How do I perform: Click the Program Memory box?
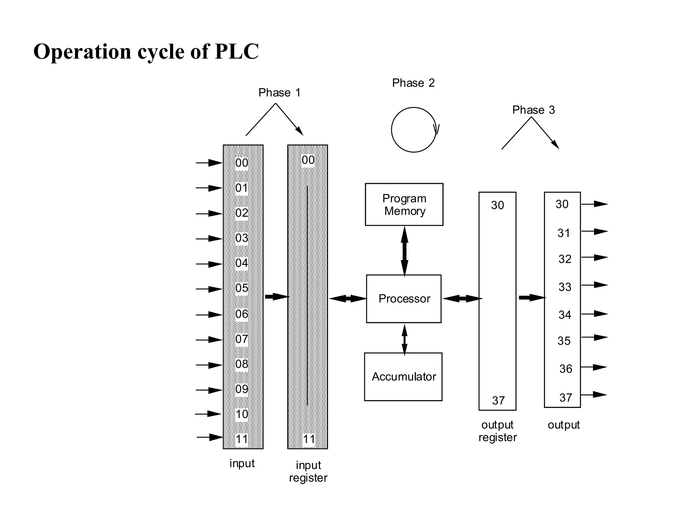404,205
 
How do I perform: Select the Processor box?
404,299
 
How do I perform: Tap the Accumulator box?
403,377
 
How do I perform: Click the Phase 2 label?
413,83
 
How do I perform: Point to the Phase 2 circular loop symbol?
414,130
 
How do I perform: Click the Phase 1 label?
279,93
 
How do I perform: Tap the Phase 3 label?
533,110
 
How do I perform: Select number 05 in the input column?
242,288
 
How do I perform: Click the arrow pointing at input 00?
209,163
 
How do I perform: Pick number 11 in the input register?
309,439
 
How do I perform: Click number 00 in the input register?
308,160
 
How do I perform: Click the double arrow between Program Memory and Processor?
404,251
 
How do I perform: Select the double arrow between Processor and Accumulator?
404,339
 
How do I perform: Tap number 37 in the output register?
498,401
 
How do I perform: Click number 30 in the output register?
497,205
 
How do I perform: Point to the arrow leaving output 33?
594,285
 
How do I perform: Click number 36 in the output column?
565,369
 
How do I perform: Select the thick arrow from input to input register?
276,297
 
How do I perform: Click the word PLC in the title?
237,52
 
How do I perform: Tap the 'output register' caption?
498,431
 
